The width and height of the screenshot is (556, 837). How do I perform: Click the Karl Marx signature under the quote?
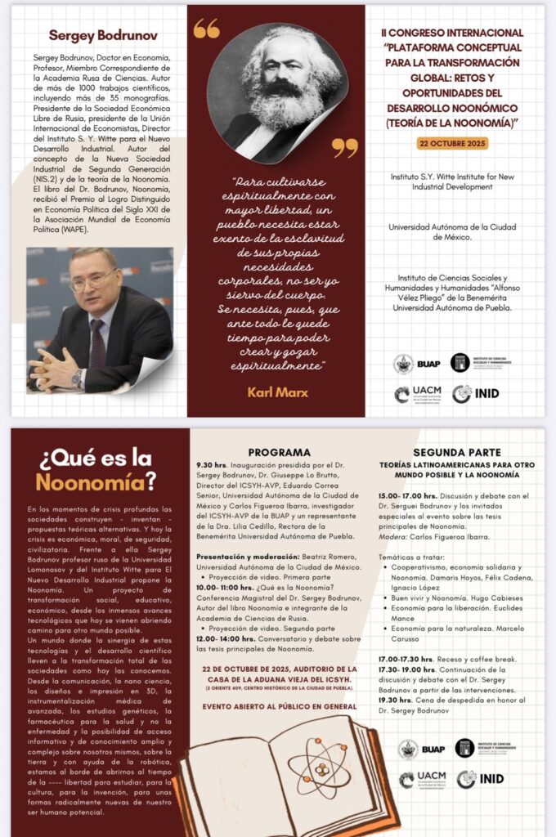click(278, 392)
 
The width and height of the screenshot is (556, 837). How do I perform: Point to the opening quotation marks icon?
click(206, 29)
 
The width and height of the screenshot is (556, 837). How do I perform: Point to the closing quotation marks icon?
click(344, 147)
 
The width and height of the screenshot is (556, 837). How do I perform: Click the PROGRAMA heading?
click(279, 452)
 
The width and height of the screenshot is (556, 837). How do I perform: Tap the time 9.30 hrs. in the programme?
click(215, 465)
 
